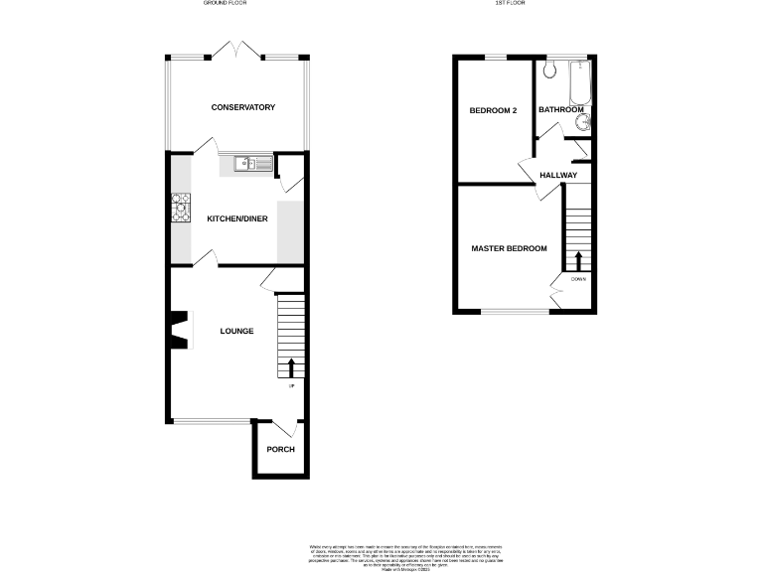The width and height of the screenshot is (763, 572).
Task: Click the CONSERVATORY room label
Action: pos(242,107)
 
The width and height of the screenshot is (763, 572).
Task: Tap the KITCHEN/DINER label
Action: pos(236,218)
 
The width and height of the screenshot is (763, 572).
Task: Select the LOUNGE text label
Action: pos(236,331)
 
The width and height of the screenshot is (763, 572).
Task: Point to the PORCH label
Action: pos(280,450)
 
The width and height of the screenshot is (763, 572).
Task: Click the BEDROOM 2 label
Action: pos(494,110)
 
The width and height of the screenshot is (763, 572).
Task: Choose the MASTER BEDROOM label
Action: pos(509,248)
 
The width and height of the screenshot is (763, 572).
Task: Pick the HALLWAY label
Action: pos(558,176)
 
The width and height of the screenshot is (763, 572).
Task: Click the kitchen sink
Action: pos(247,164)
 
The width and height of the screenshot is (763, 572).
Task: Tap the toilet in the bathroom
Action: pos(551,71)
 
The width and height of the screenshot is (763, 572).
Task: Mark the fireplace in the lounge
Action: pos(178,331)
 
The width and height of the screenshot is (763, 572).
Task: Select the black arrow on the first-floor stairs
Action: pos(578,261)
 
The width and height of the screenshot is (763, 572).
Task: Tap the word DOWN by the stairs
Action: pos(578,279)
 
